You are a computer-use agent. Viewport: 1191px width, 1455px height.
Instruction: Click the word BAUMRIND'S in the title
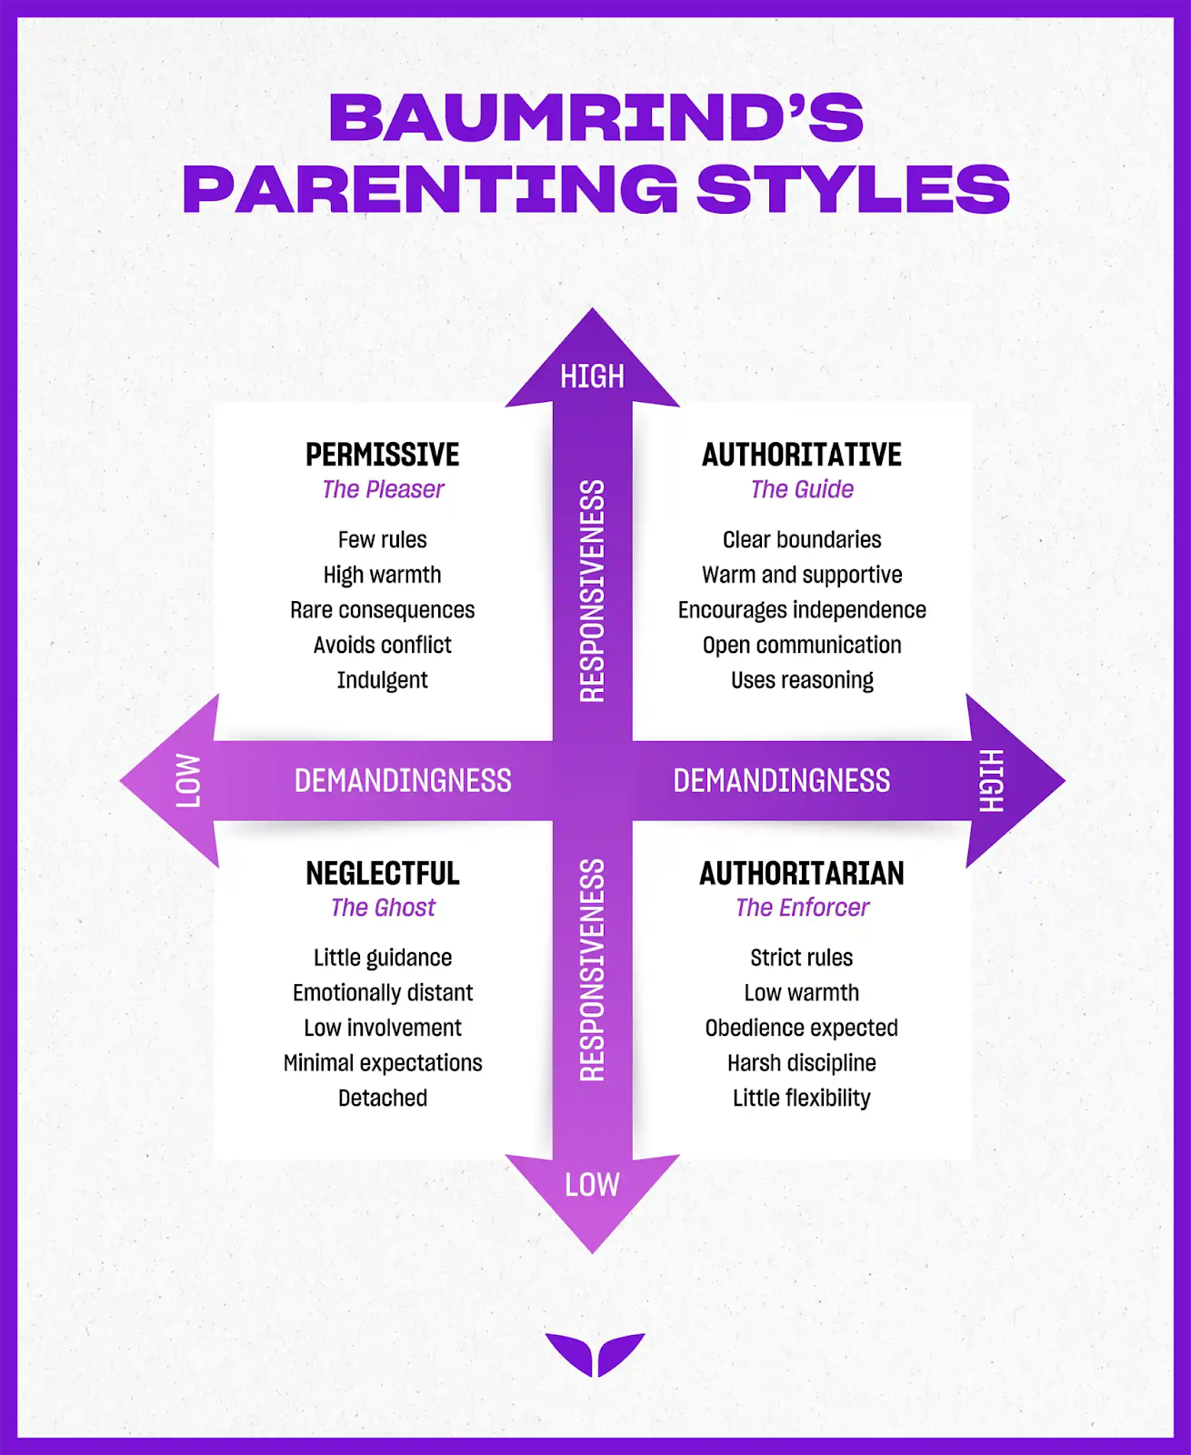[x=595, y=117]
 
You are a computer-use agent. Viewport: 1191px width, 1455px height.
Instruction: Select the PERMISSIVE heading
[x=383, y=455]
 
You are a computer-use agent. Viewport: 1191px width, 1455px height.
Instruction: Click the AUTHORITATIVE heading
[x=801, y=455]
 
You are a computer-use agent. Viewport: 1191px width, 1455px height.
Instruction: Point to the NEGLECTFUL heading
[x=383, y=873]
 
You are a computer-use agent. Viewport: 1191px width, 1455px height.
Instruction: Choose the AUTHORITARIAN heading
[x=801, y=873]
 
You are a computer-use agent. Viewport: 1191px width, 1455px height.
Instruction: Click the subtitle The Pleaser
[x=383, y=489]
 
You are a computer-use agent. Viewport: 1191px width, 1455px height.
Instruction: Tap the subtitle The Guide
[x=801, y=489]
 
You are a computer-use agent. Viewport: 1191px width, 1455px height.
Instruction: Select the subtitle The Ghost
[x=383, y=908]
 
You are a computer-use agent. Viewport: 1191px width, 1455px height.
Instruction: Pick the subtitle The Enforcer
[x=801, y=908]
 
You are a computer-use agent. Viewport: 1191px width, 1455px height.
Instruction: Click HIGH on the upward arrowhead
[x=593, y=376]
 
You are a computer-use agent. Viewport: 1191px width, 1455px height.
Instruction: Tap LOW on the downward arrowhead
[x=593, y=1185]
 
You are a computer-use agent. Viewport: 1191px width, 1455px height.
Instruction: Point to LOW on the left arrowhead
[x=188, y=781]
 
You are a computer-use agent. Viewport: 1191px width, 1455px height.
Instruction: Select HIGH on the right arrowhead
[x=991, y=781]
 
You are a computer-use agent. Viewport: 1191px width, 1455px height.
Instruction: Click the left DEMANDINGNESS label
[x=403, y=781]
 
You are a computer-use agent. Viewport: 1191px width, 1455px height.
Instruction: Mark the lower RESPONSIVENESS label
[x=593, y=970]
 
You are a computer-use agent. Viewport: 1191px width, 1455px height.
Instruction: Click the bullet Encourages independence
[x=801, y=610]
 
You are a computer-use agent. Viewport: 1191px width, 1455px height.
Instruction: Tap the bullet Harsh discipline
[x=801, y=1063]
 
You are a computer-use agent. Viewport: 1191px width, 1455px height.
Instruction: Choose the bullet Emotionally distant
[x=383, y=993]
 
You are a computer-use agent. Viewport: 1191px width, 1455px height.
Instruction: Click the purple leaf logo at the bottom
[x=595, y=1355]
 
